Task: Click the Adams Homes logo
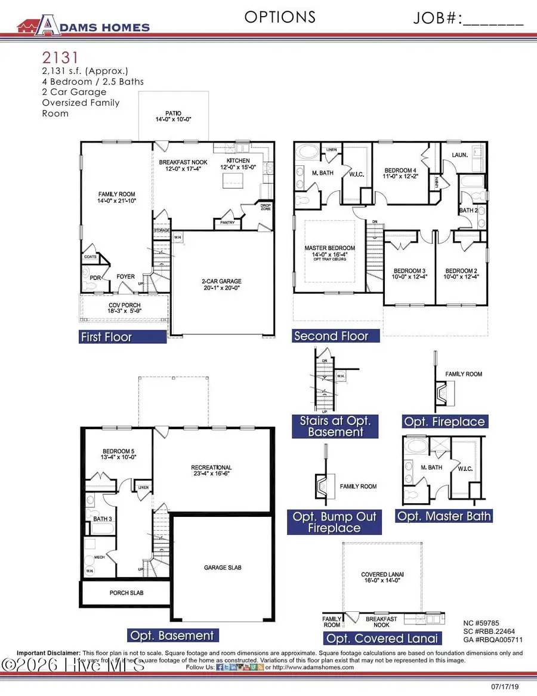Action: [84, 24]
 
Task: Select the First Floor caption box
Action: [123, 337]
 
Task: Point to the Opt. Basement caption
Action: [172, 635]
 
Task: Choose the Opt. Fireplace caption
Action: [445, 421]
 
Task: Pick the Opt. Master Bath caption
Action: [445, 516]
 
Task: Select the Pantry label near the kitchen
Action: [227, 223]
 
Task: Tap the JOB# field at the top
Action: [468, 19]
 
